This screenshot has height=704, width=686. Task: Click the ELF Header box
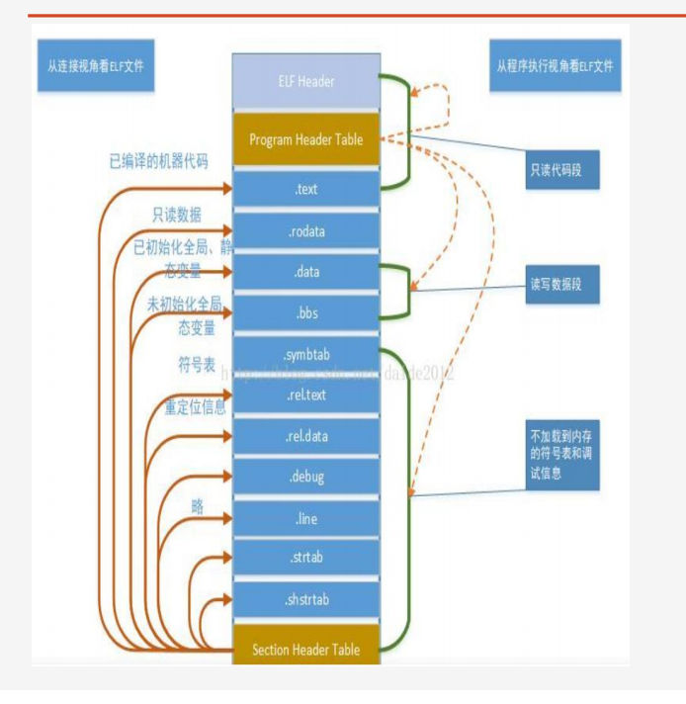305,80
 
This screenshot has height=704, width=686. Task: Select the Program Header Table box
305,139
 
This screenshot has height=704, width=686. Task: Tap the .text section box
305,188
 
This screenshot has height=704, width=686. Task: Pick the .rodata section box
305,231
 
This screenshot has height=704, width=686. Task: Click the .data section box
305,272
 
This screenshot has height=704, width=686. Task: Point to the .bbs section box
305,311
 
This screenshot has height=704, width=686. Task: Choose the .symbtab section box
305,354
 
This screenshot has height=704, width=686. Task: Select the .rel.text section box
305,396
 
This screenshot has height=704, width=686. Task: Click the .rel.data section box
305,436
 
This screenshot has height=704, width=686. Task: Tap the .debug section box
305,478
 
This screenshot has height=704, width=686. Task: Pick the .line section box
305,518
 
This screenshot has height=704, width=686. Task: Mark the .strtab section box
305,558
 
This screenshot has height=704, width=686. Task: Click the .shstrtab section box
305,599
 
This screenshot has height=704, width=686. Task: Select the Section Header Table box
305,650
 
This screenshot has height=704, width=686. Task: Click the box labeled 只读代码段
561,169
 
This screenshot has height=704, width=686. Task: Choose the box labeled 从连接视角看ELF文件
95,67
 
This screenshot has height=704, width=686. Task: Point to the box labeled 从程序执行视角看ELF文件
555,67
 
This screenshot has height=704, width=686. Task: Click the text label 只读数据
177,215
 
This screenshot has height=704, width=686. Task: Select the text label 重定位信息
195,406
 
